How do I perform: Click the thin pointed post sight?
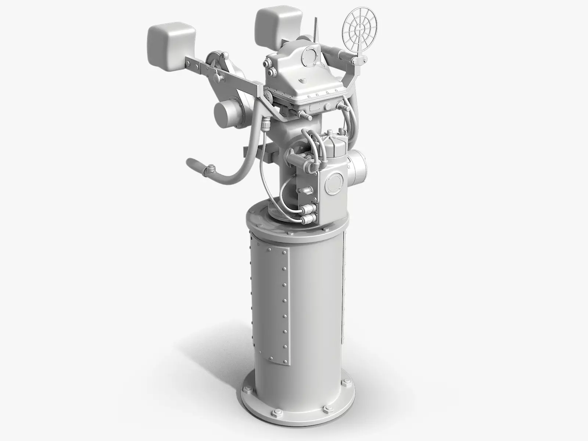point(315,29)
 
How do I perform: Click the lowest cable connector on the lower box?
point(306,220)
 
